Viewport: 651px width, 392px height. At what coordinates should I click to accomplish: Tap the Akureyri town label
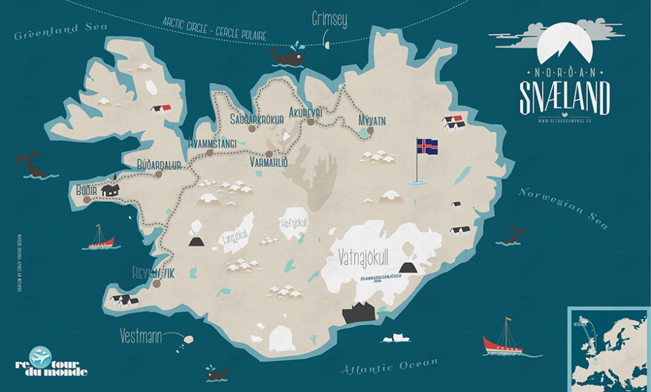click(x=306, y=113)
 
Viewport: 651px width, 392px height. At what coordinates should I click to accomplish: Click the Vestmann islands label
click(x=141, y=337)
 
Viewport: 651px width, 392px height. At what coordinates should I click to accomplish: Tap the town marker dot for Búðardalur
click(x=158, y=175)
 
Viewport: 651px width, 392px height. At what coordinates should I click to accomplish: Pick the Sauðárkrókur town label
click(x=256, y=119)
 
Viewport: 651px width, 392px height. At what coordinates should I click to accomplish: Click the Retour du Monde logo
click(x=50, y=361)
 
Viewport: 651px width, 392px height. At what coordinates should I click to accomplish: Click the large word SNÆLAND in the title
click(x=564, y=98)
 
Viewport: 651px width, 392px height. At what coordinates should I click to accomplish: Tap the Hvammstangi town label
click(x=213, y=142)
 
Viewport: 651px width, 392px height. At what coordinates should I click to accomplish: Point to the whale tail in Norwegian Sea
click(x=513, y=235)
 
